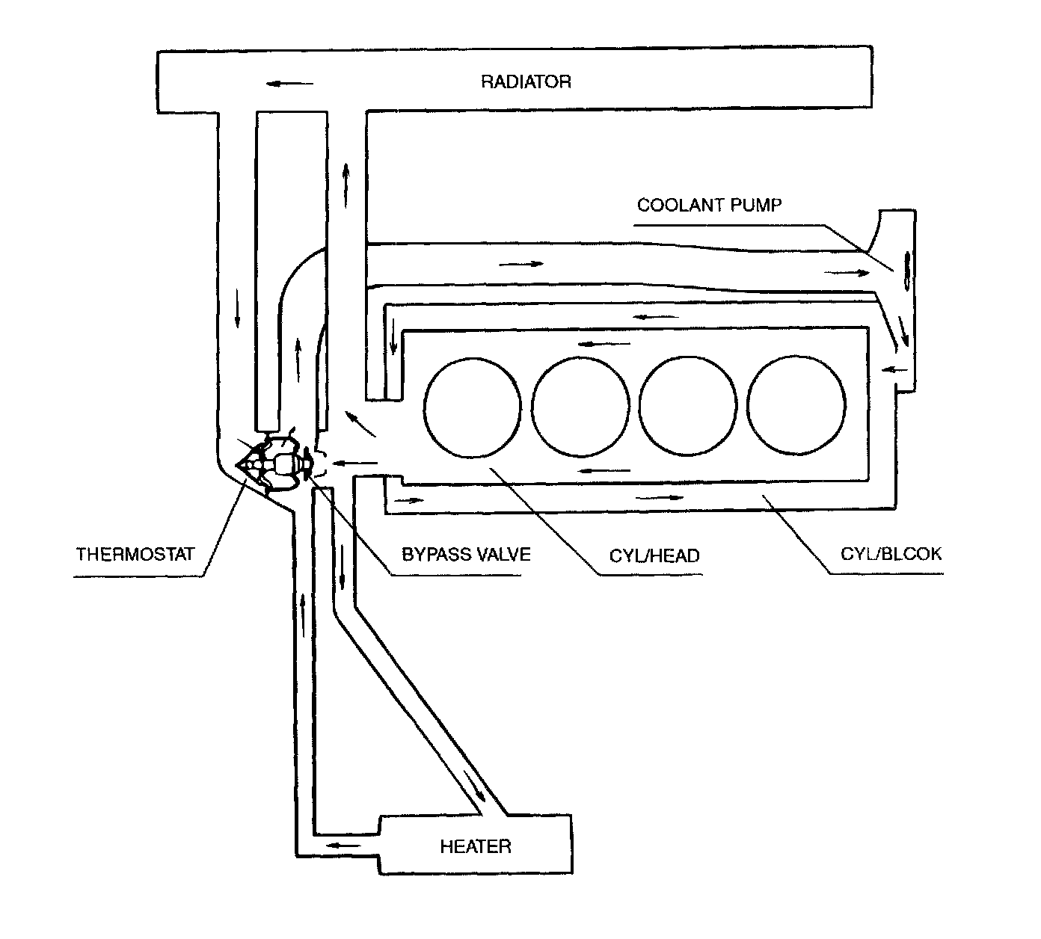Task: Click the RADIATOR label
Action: click(x=526, y=81)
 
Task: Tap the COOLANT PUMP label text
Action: click(x=709, y=205)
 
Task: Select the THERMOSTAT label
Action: click(x=135, y=554)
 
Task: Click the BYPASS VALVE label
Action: click(x=466, y=554)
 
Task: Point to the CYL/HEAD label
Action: click(x=654, y=555)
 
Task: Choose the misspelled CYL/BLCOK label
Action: click(x=891, y=554)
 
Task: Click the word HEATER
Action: click(x=476, y=846)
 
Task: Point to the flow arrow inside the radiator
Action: click(x=290, y=83)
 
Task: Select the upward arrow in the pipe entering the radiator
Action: click(x=346, y=185)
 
